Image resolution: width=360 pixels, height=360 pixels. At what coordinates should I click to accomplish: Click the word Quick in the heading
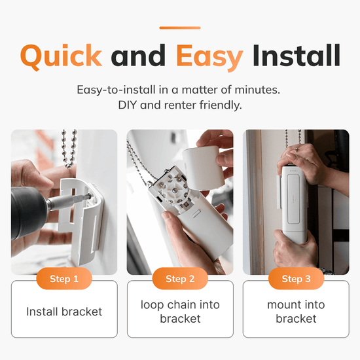tap(61, 55)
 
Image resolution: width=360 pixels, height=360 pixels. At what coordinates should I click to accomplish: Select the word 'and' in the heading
tap(139, 55)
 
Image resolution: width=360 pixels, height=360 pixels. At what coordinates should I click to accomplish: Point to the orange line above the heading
tap(179, 28)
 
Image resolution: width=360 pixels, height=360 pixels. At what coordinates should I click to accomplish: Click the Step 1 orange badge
tap(64, 279)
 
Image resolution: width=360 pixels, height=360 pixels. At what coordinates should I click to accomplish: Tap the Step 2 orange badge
tap(180, 279)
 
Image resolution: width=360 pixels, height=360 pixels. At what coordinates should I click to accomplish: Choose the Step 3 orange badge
tap(296, 279)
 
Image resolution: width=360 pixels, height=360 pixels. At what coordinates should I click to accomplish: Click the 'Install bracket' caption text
tap(64, 312)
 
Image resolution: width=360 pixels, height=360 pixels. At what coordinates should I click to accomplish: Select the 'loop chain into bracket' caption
tap(180, 312)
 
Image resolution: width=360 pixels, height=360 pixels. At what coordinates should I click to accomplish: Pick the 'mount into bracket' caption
tap(296, 312)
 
